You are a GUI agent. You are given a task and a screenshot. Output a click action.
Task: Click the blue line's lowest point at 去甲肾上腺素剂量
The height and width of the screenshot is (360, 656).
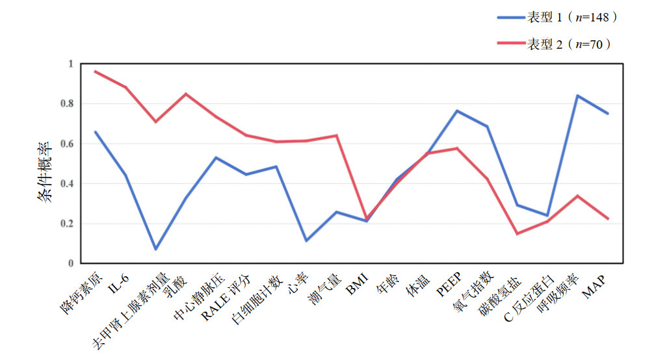155,249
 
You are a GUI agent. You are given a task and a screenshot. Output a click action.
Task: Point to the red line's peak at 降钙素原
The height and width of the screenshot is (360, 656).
95,71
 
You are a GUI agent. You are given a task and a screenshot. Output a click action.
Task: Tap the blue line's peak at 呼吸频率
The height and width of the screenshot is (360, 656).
578,96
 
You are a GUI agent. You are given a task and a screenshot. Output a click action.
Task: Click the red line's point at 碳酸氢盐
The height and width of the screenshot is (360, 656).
517,233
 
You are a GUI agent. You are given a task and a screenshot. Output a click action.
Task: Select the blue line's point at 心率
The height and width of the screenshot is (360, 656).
306,240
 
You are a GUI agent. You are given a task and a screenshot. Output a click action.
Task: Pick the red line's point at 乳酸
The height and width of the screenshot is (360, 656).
185,94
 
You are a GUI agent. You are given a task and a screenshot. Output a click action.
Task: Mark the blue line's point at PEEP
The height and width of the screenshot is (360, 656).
457,110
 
